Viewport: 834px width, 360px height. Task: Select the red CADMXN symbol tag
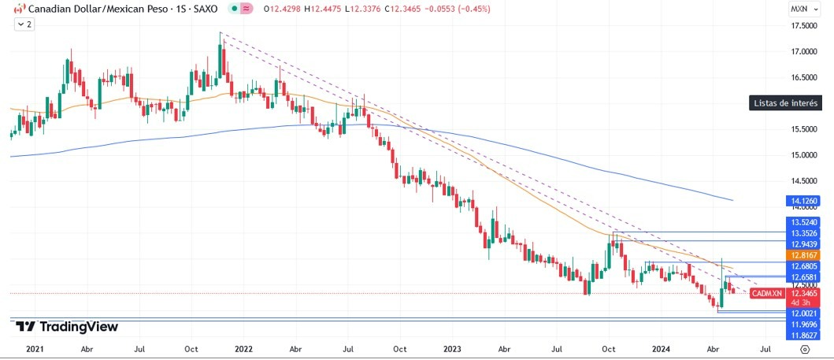pos(766,293)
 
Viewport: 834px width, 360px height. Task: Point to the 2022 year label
pos(243,347)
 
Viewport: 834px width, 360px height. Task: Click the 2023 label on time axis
pos(452,347)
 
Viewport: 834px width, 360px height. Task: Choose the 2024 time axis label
pos(661,347)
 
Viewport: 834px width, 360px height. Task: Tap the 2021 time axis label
pos(35,347)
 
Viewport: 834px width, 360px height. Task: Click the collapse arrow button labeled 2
pos(24,24)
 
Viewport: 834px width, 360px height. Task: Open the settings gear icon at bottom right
pos(804,347)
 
